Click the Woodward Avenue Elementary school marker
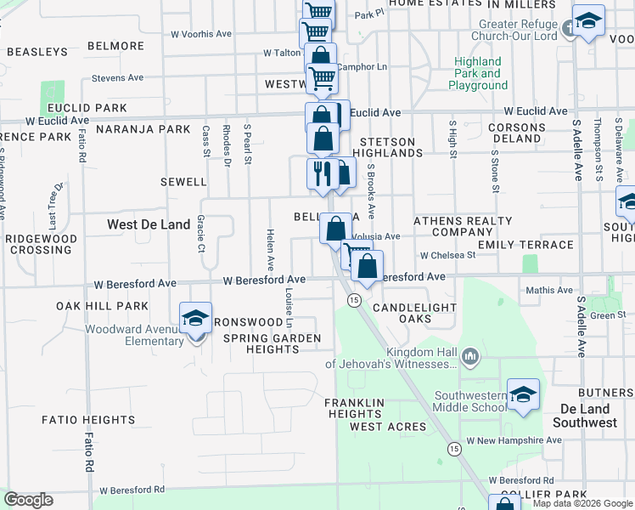(x=195, y=320)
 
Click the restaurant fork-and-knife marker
(x=322, y=175)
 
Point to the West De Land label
(x=148, y=224)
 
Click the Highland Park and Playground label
(x=478, y=74)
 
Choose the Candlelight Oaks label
(x=414, y=313)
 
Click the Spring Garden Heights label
(x=272, y=344)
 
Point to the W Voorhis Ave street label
(x=201, y=35)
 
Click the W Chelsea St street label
(x=447, y=255)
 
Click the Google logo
(x=28, y=500)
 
